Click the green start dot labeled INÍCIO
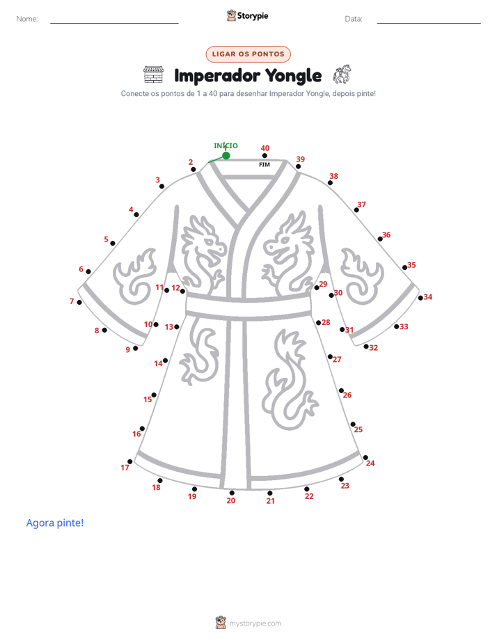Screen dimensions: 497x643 226,155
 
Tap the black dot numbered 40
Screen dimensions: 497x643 265,155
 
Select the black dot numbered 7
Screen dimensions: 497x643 79,302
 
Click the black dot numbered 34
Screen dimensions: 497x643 420,298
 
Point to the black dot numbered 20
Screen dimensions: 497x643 232,493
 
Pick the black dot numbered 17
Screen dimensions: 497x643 130,461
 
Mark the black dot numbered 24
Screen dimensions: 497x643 365,457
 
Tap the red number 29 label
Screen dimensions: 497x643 323,284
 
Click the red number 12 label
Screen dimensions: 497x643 175,287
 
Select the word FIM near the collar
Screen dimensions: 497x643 265,164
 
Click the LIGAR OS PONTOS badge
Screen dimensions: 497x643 248,54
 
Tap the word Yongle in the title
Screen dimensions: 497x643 293,76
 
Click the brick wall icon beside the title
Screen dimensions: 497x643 153,74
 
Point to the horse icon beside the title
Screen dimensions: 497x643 342,74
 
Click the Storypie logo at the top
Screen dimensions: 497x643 247,15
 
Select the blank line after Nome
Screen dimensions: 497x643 114,23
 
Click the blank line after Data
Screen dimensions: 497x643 429,23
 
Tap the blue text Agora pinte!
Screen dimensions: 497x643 55,523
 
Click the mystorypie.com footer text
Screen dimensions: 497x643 255,624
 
